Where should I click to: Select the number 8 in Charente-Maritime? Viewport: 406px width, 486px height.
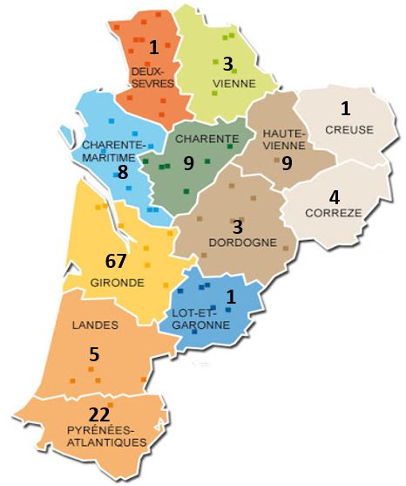tap(123, 172)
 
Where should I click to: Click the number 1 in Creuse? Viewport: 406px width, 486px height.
tap(345, 109)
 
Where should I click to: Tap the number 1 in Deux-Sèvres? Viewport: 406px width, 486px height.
tap(154, 47)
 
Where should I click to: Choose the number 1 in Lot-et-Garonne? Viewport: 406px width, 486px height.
tap(231, 297)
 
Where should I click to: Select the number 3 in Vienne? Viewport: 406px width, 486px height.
tap(227, 64)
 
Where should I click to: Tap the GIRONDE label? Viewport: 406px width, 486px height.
tap(116, 283)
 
